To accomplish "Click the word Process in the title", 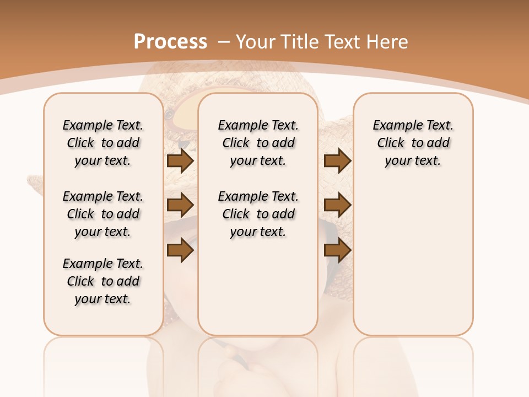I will pos(170,42).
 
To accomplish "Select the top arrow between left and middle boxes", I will pos(180,160).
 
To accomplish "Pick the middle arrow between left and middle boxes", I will pos(180,205).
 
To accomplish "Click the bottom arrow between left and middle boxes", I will pos(180,250).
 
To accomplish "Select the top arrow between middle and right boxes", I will pos(337,160).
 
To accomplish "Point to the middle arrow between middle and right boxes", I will pos(337,205).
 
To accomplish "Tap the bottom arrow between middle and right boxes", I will pos(337,250).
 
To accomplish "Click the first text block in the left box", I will pos(103,143).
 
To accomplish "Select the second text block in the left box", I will pos(103,214).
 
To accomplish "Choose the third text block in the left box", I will pos(103,281).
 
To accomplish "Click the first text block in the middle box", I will pos(258,143).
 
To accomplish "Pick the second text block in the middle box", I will pos(258,214).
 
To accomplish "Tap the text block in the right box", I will pos(413,143).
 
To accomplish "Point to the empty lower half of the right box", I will pos(413,259).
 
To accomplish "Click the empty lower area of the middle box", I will pos(258,287).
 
